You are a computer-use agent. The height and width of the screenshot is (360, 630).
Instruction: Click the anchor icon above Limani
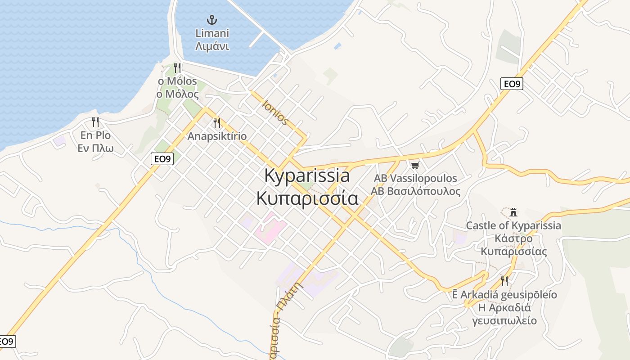(x=212, y=19)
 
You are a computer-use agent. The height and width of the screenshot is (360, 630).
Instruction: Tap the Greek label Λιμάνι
(x=212, y=46)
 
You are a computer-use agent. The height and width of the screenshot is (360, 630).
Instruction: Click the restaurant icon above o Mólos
(x=177, y=68)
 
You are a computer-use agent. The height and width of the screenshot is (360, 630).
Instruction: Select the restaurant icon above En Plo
(x=95, y=122)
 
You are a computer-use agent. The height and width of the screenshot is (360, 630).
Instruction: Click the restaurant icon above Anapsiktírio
(x=217, y=122)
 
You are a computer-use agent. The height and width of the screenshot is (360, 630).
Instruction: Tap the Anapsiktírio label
(x=217, y=136)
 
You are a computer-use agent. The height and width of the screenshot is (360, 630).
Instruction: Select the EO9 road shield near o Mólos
(x=162, y=159)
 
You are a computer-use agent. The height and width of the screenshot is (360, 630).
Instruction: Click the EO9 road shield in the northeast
(x=512, y=84)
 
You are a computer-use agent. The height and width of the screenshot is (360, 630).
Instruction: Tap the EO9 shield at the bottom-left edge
(x=7, y=342)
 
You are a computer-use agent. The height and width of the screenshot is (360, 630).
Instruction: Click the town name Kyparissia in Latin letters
(x=307, y=175)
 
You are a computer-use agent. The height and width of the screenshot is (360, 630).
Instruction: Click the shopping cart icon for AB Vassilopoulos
(x=415, y=165)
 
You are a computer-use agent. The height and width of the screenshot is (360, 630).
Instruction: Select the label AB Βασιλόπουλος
(x=415, y=191)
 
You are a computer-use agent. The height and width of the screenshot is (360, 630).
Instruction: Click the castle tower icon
(x=513, y=212)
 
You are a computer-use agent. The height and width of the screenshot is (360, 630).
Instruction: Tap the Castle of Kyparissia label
(x=513, y=225)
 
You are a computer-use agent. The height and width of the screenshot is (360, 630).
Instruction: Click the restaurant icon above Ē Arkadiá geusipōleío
(x=504, y=281)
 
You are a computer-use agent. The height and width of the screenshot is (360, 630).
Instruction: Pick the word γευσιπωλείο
(x=504, y=320)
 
